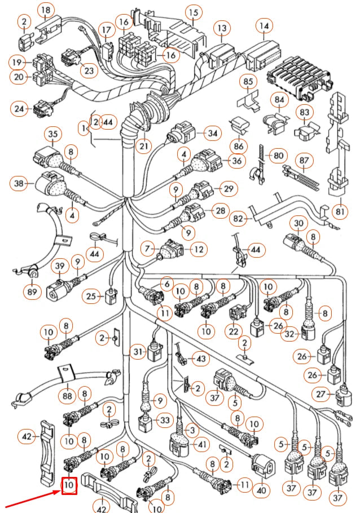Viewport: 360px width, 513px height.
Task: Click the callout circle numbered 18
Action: (x=46, y=10)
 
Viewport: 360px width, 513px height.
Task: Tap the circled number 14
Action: (x=264, y=26)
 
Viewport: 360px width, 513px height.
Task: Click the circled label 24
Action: (x=20, y=109)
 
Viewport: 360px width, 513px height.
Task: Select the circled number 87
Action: (x=305, y=161)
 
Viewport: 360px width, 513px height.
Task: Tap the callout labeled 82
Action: (x=239, y=218)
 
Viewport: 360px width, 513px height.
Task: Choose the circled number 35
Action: (x=54, y=135)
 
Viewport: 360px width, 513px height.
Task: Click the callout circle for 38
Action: (x=20, y=183)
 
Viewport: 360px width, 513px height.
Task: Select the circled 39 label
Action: (x=59, y=266)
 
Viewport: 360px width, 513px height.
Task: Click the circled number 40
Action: (x=261, y=490)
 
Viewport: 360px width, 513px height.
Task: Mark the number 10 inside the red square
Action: (x=69, y=484)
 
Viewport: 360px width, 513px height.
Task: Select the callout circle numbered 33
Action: (x=165, y=421)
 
